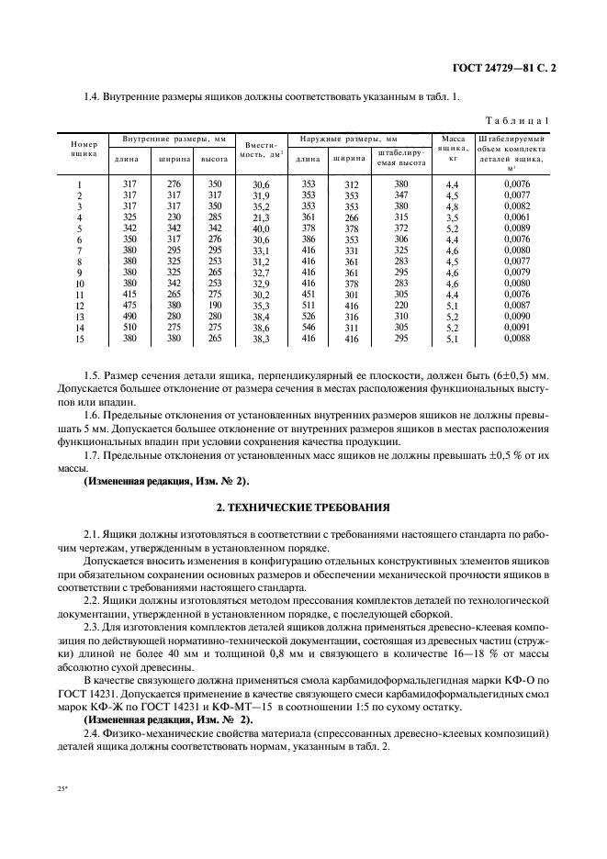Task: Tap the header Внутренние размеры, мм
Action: pyautogui.click(x=169, y=139)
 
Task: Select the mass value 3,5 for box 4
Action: pyautogui.click(x=452, y=218)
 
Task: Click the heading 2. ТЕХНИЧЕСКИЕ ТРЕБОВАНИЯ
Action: pyautogui.click(x=302, y=507)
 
